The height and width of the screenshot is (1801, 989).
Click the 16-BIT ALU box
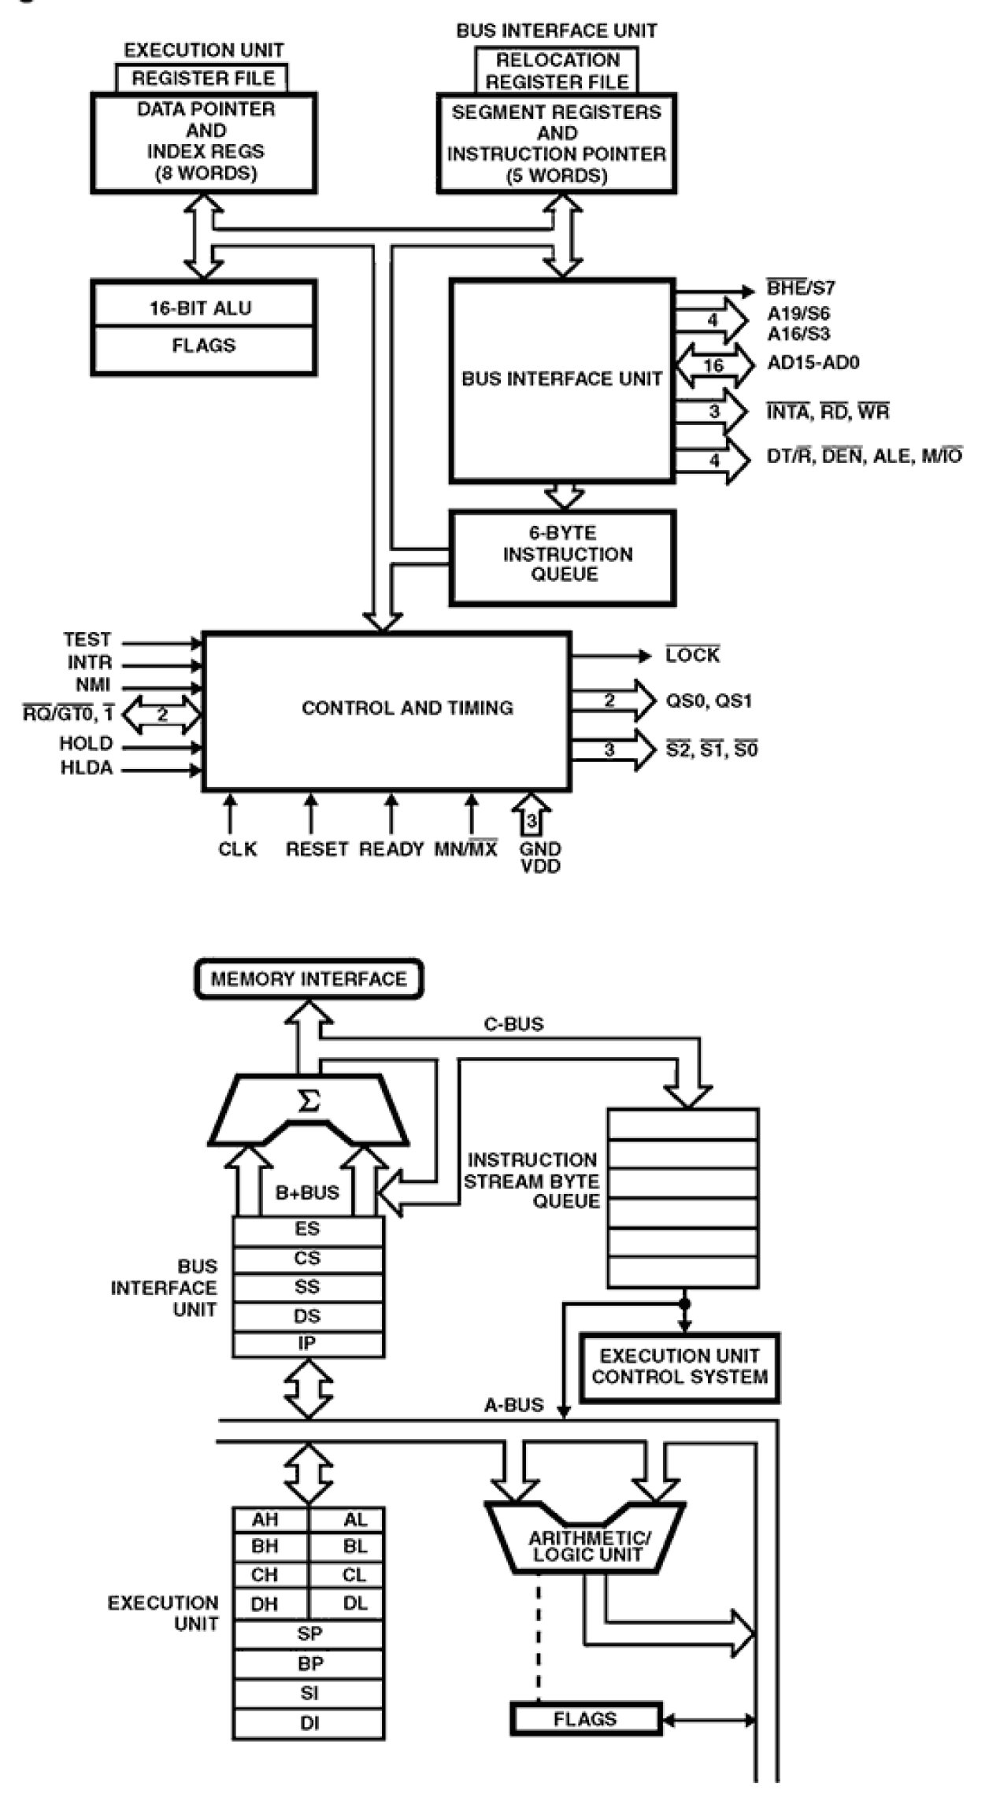pyautogui.click(x=203, y=309)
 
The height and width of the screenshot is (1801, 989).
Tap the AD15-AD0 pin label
pyautogui.click(x=813, y=364)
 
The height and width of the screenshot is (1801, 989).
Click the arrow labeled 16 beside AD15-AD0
pyautogui.click(x=714, y=365)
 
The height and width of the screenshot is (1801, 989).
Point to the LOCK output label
pyautogui.click(x=693, y=656)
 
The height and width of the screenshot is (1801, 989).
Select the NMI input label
pyautogui.click(x=92, y=686)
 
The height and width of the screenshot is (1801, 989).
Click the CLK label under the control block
pyautogui.click(x=237, y=849)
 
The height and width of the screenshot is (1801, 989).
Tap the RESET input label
pyautogui.click(x=317, y=849)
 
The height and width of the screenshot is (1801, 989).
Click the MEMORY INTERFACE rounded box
pyautogui.click(x=309, y=979)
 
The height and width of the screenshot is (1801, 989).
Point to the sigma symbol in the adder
pyautogui.click(x=309, y=1100)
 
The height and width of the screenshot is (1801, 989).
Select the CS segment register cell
pyautogui.click(x=307, y=1258)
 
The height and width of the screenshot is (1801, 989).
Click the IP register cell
pyautogui.click(x=307, y=1343)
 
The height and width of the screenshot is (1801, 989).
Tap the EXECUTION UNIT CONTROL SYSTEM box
pyautogui.click(x=679, y=1367)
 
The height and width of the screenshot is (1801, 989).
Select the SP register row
pyautogui.click(x=309, y=1633)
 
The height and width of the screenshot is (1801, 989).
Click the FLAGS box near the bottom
pyautogui.click(x=585, y=1718)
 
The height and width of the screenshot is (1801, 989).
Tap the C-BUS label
pyautogui.click(x=513, y=1024)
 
